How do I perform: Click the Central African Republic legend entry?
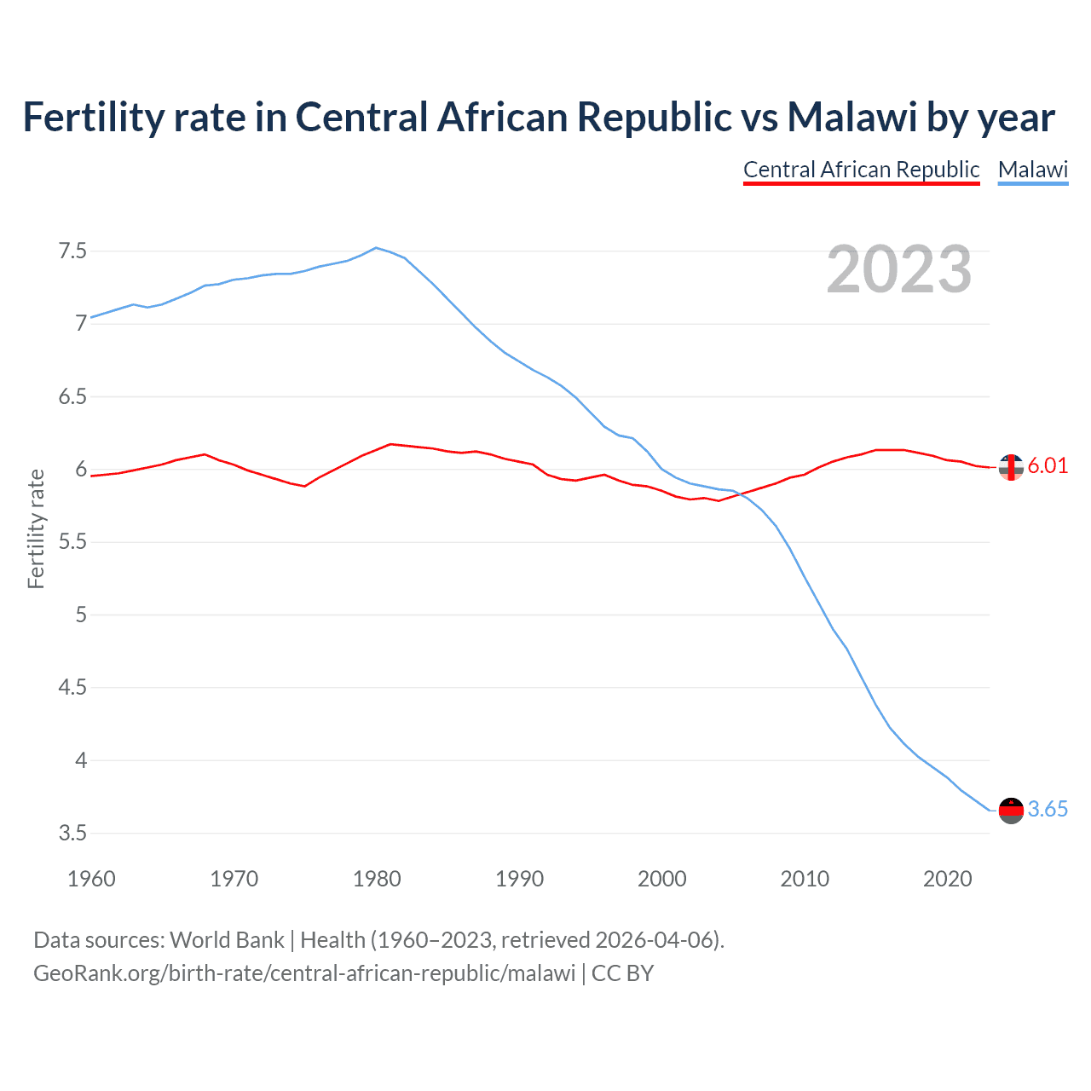coord(861,170)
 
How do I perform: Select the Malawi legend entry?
coord(1033,170)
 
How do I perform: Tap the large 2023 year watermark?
coord(899,269)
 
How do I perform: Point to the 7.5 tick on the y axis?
coord(72,251)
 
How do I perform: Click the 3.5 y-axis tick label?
coord(72,833)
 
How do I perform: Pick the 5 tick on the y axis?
coord(81,615)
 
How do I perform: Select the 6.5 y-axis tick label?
coord(72,396)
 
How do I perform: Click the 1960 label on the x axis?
coord(91,879)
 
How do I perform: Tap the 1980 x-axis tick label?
coord(377,879)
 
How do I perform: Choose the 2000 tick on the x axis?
coord(662,879)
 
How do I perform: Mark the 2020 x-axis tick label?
coord(947,879)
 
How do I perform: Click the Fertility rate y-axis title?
coord(36,528)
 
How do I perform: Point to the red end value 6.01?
coord(1048,465)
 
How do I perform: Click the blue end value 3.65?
coord(1048,809)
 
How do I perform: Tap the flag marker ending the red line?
coord(1011,467)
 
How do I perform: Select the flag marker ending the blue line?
coord(1011,811)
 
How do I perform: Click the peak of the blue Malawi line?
coord(377,248)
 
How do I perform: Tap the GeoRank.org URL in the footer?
coord(304,973)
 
